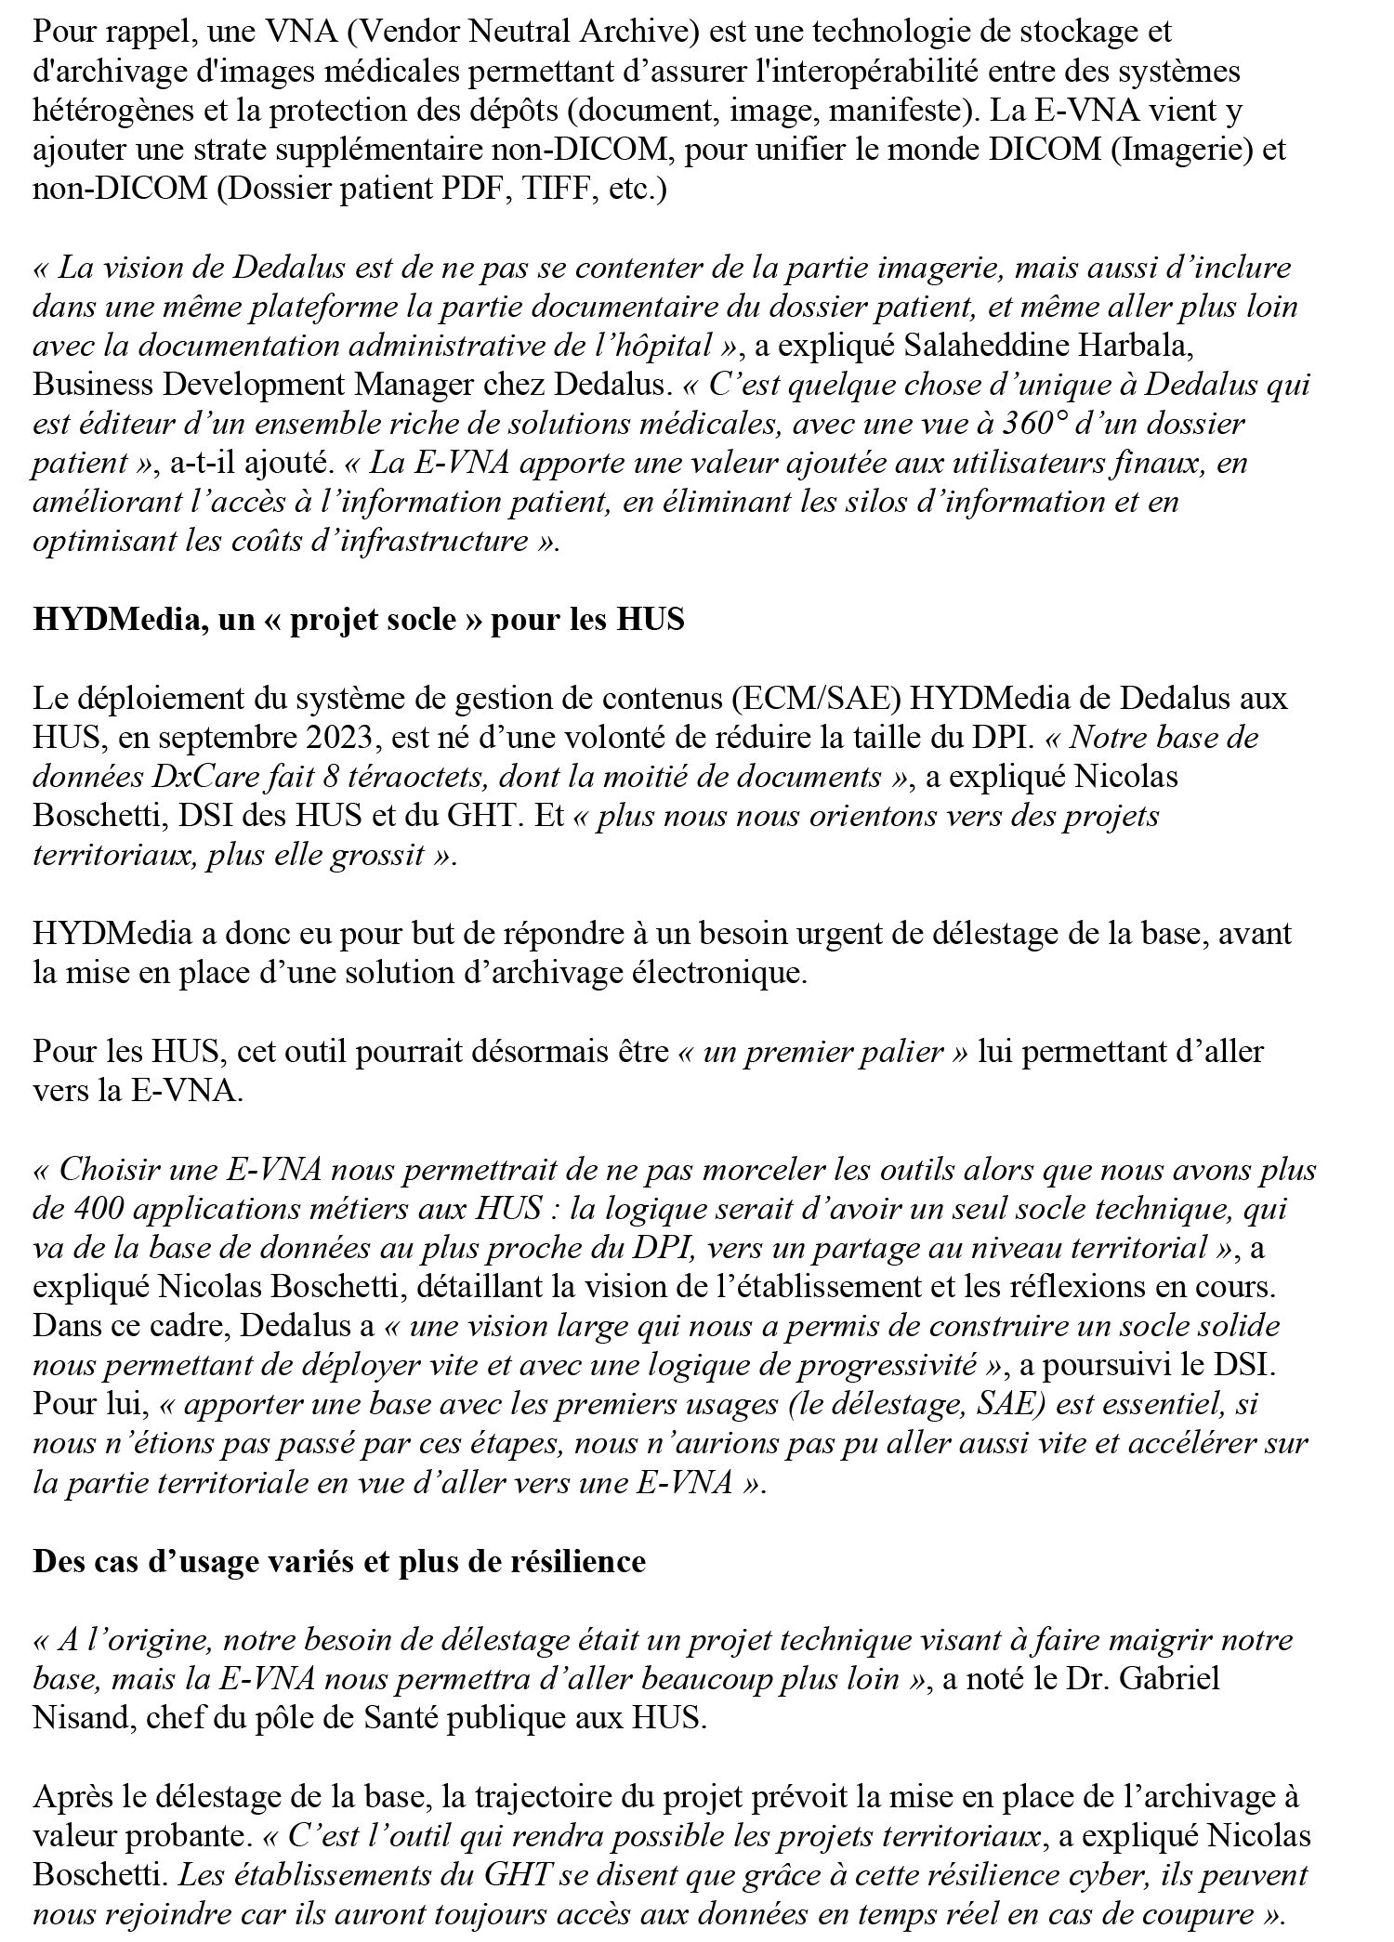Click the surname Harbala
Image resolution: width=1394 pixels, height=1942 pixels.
pos(1121,346)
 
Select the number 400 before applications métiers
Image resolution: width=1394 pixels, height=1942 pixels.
pos(90,1209)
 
